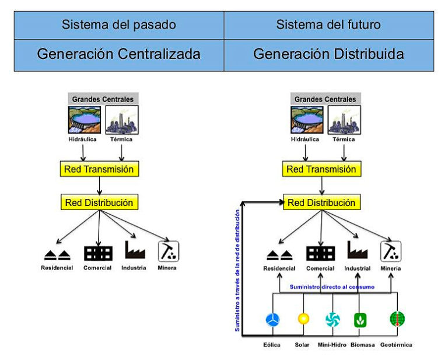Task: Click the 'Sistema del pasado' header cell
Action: tap(118, 25)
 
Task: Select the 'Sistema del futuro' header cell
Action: tap(328, 25)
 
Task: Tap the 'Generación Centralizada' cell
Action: tap(118, 54)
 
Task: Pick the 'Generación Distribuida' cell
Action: tap(328, 54)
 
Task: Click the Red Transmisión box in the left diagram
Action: tap(100, 170)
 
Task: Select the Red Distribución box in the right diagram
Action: tap(321, 203)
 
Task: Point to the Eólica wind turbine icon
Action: tap(272, 319)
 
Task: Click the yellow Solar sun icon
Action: tap(303, 319)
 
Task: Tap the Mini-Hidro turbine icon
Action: tap(332, 319)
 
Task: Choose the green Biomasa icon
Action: tap(360, 320)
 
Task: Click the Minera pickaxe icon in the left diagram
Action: tap(169, 251)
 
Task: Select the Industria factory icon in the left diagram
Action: tap(135, 251)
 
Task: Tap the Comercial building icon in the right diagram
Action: tap(320, 253)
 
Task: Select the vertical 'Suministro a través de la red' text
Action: tap(237, 266)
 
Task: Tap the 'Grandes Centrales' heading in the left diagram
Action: tap(103, 99)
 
